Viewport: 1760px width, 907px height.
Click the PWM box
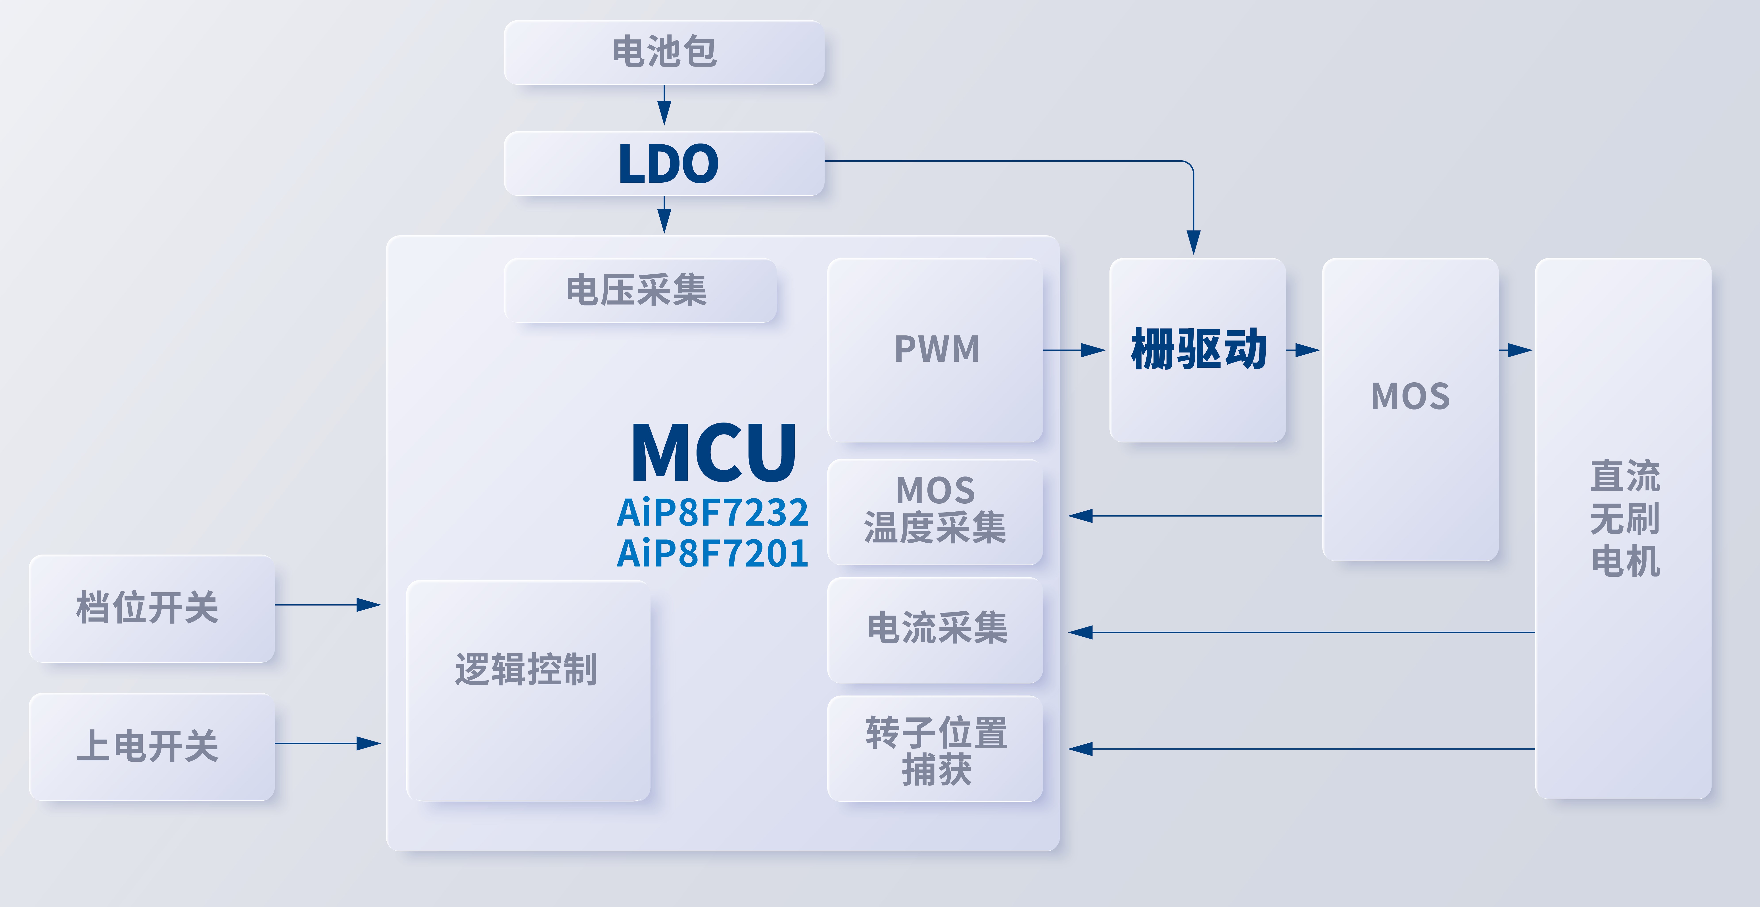click(x=935, y=350)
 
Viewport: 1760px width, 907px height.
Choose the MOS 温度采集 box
click(x=935, y=511)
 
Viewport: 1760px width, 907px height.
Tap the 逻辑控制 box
click(x=528, y=690)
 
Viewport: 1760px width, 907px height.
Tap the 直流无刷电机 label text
click(x=1625, y=519)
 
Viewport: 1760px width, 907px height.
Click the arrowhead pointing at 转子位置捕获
click(x=1081, y=749)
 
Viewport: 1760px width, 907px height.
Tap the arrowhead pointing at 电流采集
click(x=1081, y=632)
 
